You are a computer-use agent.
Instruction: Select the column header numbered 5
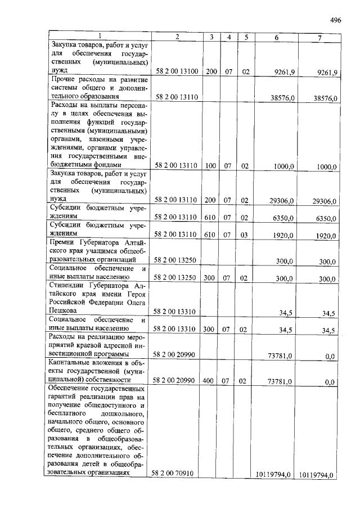pyautogui.click(x=245, y=37)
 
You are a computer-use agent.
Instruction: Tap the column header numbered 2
pyautogui.click(x=177, y=37)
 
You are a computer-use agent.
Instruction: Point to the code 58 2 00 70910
pyautogui.click(x=172, y=474)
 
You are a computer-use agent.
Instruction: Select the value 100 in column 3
pyautogui.click(x=210, y=166)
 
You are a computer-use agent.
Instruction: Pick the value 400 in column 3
pyautogui.click(x=210, y=381)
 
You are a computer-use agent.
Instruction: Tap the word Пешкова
pyautogui.click(x=65, y=309)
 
